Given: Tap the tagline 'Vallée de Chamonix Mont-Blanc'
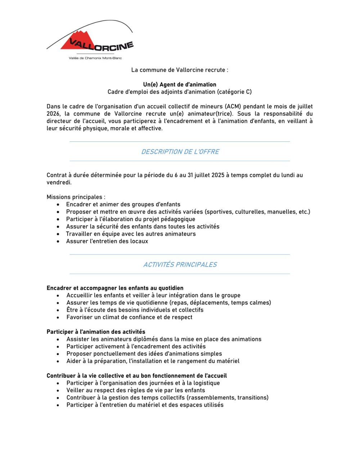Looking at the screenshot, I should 95,58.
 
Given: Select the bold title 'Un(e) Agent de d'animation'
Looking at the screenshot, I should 180,85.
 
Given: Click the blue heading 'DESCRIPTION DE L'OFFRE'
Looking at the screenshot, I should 180,152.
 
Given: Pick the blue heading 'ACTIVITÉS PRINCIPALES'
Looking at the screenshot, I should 180,265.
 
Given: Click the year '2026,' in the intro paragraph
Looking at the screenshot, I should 53,114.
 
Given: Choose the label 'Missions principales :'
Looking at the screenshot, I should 76,197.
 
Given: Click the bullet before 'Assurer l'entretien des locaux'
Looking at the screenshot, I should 58,241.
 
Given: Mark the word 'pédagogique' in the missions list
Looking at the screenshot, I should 177,219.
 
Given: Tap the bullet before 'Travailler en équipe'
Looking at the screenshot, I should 58,234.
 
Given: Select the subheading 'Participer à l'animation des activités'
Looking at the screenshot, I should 96,332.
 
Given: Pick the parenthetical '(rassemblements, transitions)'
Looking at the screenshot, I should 229,398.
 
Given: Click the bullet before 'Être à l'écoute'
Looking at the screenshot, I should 58,310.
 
